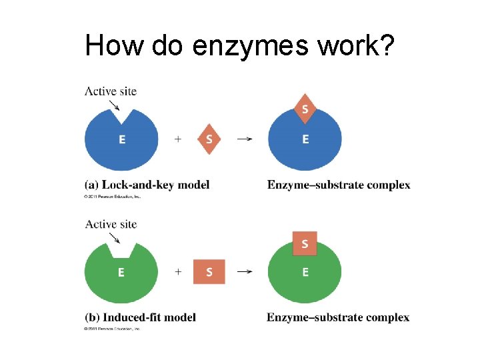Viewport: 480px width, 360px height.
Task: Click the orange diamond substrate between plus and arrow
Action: click(x=209, y=139)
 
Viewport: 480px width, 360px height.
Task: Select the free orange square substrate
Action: click(x=209, y=272)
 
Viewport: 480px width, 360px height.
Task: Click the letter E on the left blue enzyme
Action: click(x=121, y=139)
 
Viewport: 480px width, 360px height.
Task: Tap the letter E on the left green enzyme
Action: click(x=121, y=272)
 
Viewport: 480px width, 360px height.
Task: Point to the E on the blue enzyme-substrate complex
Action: click(x=305, y=139)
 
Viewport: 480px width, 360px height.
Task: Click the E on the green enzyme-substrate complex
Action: click(x=305, y=272)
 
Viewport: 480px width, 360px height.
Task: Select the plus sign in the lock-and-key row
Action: click(x=178, y=139)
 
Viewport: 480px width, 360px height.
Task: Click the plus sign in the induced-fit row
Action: click(x=178, y=272)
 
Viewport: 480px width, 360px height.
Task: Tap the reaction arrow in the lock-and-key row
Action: click(x=245, y=139)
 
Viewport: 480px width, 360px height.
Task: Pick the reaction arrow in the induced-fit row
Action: click(x=245, y=272)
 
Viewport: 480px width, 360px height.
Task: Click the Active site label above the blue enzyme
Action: click(x=111, y=91)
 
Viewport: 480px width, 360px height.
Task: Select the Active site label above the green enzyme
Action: click(x=111, y=224)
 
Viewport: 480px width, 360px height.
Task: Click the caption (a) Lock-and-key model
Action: click(x=147, y=185)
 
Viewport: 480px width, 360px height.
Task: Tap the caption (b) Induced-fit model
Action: click(x=140, y=317)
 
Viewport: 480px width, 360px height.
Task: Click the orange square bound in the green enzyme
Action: click(x=305, y=243)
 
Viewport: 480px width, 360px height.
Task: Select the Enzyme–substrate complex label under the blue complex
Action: click(x=339, y=185)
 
